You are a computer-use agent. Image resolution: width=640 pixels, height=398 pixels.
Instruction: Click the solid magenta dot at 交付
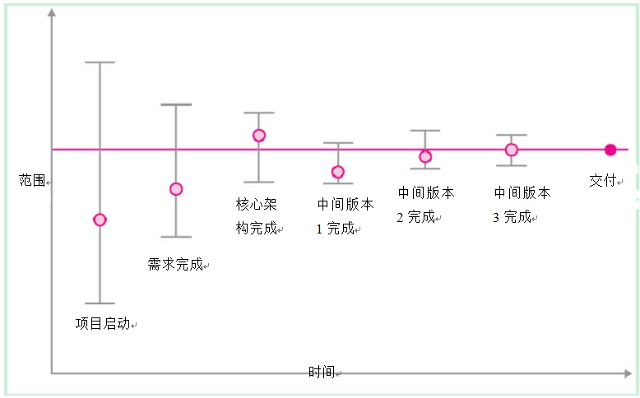610,150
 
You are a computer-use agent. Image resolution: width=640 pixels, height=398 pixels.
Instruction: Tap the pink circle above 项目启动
100,220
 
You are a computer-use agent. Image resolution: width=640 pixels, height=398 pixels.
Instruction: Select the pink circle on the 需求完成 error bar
176,189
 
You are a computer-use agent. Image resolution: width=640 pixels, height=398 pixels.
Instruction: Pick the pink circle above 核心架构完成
259,136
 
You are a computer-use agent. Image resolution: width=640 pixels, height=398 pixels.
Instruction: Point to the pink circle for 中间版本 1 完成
337,172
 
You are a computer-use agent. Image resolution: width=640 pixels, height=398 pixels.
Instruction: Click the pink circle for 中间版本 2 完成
425,156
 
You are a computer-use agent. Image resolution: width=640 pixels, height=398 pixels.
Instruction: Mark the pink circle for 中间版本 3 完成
512,150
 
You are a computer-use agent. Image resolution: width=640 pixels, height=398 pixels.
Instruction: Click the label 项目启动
103,324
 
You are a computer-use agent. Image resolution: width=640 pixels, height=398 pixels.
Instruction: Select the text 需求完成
175,265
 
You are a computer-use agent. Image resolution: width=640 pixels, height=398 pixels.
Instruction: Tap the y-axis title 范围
32,180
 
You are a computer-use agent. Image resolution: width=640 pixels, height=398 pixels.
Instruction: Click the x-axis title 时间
322,372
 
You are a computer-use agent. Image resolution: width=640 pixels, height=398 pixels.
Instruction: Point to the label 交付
602,180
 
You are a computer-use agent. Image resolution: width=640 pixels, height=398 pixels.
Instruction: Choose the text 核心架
257,204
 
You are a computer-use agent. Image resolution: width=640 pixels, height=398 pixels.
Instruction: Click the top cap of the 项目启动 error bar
100,62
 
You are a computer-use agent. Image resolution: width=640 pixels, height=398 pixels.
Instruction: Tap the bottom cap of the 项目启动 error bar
100,303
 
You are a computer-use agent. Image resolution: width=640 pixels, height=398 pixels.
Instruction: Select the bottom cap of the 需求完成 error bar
176,237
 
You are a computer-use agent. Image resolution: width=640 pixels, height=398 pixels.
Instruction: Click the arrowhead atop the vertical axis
52,12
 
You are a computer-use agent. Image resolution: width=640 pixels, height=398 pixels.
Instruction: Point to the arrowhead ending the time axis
628,373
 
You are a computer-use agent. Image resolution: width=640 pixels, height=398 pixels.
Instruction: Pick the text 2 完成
415,217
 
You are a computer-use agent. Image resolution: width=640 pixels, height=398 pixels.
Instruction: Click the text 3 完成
512,217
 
